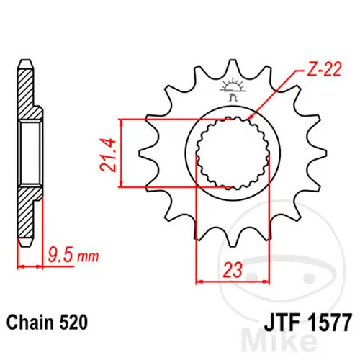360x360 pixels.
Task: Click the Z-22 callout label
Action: click(324, 70)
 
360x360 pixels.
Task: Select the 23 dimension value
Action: click(233, 270)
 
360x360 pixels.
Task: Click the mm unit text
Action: click(88, 257)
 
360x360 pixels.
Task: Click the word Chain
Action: click(30, 323)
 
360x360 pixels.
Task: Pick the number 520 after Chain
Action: click(73, 323)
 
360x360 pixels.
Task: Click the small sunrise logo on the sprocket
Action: click(233, 89)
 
